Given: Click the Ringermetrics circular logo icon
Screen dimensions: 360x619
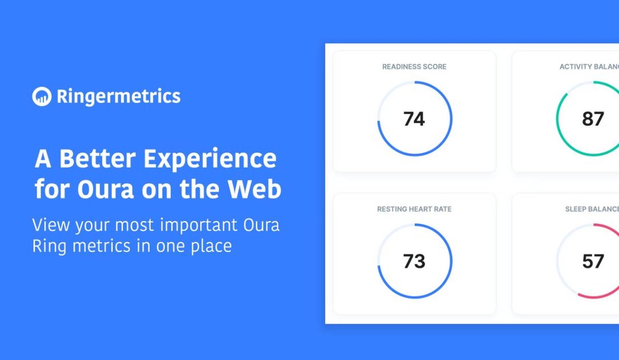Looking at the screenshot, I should tap(42, 97).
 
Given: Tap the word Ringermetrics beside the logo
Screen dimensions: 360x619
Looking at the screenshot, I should tap(118, 97).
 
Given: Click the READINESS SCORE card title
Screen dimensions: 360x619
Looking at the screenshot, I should tap(414, 67).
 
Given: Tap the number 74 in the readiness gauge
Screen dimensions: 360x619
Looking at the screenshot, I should tap(414, 119).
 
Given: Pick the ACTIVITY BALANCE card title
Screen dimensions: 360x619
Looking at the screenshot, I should tap(589, 67).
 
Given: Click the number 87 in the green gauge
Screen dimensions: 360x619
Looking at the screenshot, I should tap(593, 119).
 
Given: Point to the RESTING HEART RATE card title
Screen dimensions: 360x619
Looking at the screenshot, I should tap(414, 209).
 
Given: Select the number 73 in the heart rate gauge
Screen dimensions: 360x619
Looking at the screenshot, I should tap(414, 261).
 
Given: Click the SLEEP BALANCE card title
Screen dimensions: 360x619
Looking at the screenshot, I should tap(592, 209).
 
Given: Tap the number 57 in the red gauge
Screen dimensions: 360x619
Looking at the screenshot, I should tap(593, 261).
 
